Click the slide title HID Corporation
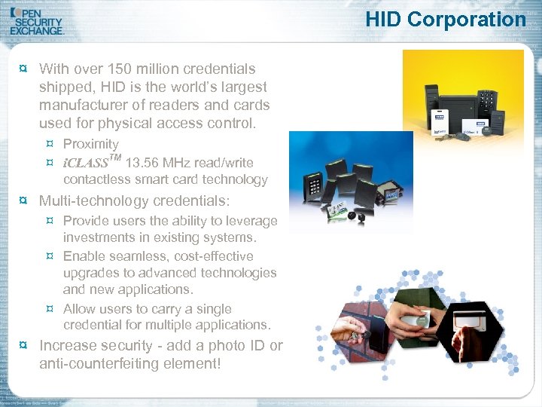point(446,19)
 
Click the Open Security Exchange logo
point(38,20)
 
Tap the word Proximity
point(91,144)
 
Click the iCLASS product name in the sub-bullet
point(86,163)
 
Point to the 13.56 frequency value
point(142,163)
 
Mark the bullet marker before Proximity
point(50,144)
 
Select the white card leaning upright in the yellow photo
point(438,121)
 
